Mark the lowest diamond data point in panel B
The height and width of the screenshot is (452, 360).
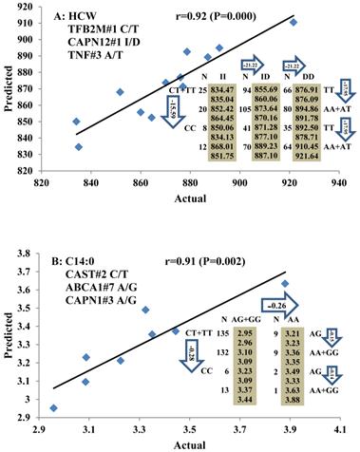53,408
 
